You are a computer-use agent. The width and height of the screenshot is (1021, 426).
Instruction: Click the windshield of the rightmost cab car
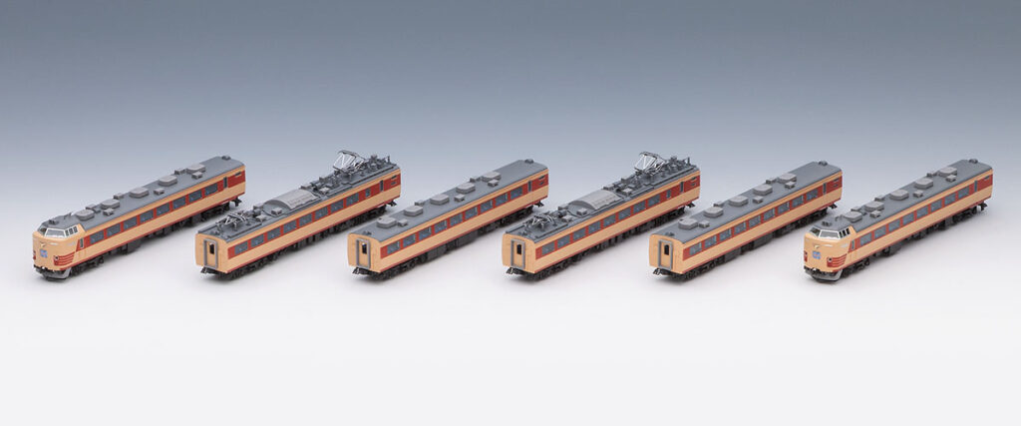(829, 231)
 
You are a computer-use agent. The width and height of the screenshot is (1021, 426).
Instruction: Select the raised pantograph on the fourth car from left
(650, 160)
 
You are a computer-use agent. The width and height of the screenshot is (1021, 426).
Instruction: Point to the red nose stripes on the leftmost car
(63, 259)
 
